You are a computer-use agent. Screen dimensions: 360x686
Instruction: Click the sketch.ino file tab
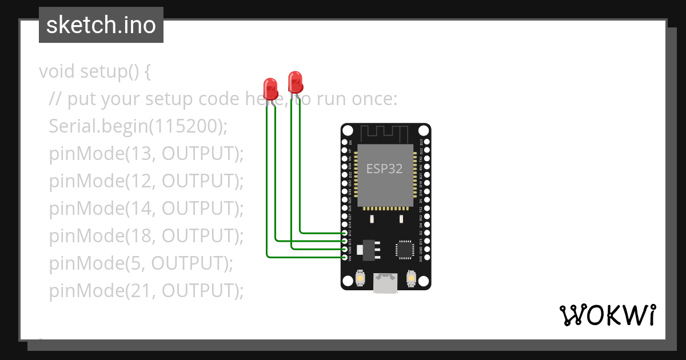(x=101, y=26)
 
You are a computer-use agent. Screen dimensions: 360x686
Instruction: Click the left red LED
(x=270, y=89)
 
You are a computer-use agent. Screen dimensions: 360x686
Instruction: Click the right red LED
(x=295, y=82)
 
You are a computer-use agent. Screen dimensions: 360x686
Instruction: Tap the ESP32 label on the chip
(x=384, y=169)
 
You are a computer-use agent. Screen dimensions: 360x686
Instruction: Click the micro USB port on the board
(x=385, y=283)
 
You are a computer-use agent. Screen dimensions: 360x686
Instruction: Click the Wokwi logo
(x=608, y=315)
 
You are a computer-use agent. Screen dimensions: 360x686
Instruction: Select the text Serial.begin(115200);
(x=138, y=126)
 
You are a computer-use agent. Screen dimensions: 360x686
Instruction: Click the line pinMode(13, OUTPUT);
(x=146, y=154)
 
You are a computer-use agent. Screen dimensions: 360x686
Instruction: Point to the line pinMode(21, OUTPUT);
(x=146, y=291)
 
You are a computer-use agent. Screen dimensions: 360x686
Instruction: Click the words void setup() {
(x=95, y=72)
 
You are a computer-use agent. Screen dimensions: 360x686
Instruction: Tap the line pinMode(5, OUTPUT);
(x=141, y=263)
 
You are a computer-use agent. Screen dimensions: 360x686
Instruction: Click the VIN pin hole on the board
(x=345, y=258)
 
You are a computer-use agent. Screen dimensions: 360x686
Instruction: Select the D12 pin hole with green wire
(x=345, y=233)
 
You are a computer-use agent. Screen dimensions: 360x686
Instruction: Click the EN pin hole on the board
(x=345, y=142)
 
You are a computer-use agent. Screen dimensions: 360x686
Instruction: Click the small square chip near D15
(x=404, y=249)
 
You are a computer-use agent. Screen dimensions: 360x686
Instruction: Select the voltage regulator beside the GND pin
(x=369, y=250)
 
